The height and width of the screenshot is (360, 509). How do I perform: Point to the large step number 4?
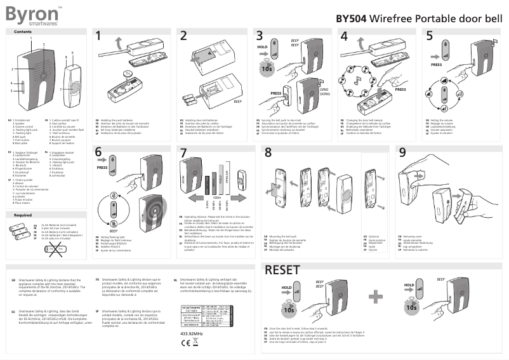click(x=344, y=36)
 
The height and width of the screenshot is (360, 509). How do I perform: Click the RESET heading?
click(x=282, y=270)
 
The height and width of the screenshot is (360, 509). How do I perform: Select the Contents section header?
click(x=23, y=32)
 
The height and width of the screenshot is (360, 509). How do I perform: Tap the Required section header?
click(x=23, y=215)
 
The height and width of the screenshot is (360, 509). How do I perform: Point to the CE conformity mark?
click(x=187, y=342)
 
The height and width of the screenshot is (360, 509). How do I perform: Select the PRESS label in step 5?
click(x=437, y=64)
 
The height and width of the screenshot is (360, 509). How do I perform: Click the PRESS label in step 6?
click(x=102, y=168)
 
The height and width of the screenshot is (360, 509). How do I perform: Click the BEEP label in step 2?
click(x=237, y=101)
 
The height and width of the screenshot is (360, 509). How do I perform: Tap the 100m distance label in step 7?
click(x=216, y=197)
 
